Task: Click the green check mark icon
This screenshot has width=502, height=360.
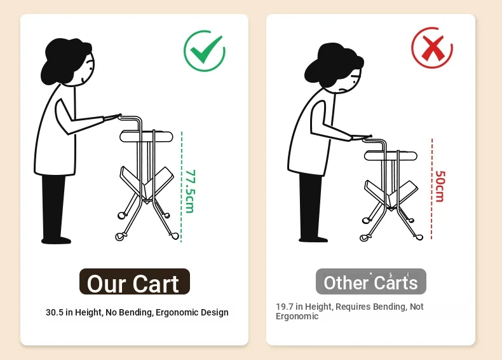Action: click(x=204, y=51)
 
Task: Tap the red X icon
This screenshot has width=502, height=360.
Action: click(x=432, y=48)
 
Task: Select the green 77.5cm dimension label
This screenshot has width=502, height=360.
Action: click(x=190, y=191)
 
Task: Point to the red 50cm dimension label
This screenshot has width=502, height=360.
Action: click(x=440, y=186)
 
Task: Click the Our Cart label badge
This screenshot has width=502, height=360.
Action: click(x=135, y=282)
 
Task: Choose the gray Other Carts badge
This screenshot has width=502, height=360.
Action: click(x=370, y=282)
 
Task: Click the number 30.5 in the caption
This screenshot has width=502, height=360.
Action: click(x=55, y=312)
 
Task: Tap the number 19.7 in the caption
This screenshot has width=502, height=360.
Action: click(x=285, y=307)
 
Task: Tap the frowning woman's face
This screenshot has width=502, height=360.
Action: click(x=351, y=80)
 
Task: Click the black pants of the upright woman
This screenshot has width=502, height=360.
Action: click(x=55, y=209)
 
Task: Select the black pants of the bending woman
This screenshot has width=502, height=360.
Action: click(x=311, y=207)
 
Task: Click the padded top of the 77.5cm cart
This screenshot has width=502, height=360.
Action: click(x=146, y=136)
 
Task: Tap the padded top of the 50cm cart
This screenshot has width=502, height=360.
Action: click(x=391, y=155)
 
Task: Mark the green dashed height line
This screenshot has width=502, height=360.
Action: click(x=182, y=186)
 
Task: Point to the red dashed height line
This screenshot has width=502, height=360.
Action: click(x=432, y=189)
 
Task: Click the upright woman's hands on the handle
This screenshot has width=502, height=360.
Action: click(x=112, y=117)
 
